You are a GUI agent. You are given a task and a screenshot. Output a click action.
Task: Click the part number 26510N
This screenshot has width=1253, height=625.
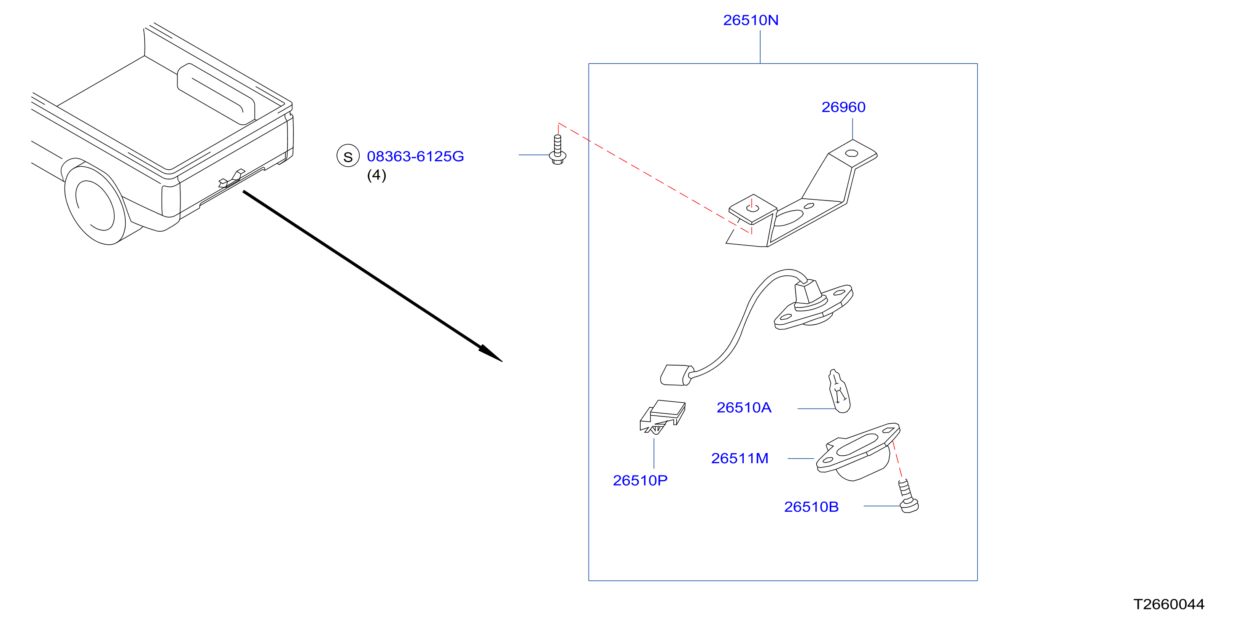[750, 20]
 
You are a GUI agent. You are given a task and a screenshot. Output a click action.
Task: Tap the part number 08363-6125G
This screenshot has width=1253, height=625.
[415, 157]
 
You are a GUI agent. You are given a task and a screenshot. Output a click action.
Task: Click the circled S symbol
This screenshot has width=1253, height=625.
[348, 156]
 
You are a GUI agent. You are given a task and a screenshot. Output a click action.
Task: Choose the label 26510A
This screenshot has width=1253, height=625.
[744, 408]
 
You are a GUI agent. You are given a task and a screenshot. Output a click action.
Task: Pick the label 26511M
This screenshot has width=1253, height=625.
[739, 458]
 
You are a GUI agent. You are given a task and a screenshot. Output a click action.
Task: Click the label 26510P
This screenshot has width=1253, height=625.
[640, 481]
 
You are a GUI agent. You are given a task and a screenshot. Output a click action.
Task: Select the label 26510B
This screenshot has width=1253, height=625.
[811, 507]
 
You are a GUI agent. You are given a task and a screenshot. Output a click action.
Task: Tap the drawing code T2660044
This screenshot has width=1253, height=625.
[1168, 604]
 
